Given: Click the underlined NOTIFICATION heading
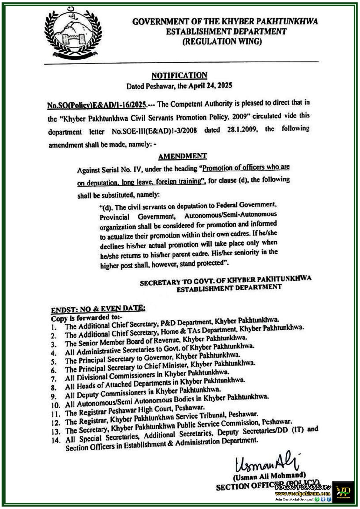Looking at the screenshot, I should click(179, 75).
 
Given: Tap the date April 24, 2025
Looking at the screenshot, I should click(210, 86).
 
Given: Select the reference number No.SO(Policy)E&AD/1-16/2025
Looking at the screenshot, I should click(97, 105).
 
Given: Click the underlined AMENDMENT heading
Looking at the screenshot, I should click(182, 156).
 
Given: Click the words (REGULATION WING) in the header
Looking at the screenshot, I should click(222, 41).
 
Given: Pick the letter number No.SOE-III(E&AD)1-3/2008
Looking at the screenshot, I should click(154, 131).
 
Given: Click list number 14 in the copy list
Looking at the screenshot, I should click(56, 441).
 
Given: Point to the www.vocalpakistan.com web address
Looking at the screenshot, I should click(303, 493).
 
